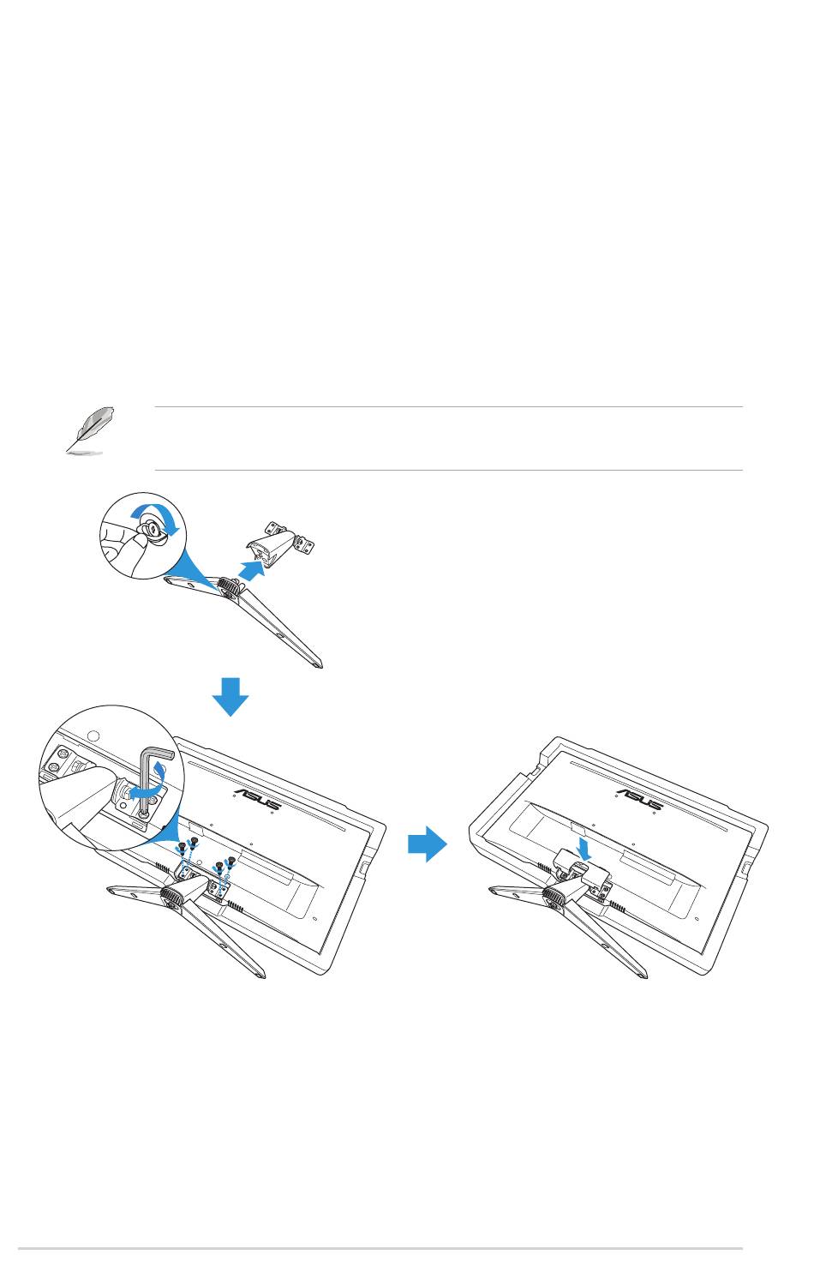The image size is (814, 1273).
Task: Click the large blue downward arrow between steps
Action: [x=230, y=696]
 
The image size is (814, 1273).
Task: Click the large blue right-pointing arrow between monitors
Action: [x=428, y=844]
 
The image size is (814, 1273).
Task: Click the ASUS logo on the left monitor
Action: [x=257, y=798]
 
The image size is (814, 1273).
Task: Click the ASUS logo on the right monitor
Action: [x=639, y=798]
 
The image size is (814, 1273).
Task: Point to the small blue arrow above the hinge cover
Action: [x=583, y=848]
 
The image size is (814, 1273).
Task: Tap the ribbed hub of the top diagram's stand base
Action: [x=229, y=585]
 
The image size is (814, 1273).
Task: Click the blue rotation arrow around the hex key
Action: [x=147, y=784]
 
